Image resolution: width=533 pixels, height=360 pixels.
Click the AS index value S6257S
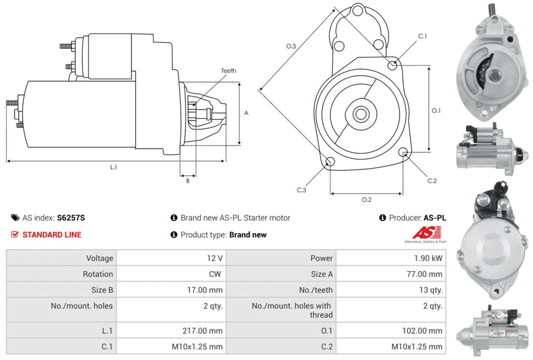[71, 218]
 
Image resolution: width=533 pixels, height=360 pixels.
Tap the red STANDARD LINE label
[52, 235]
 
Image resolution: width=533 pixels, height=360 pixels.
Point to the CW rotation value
[216, 274]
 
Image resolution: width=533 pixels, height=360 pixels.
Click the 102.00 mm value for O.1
[422, 331]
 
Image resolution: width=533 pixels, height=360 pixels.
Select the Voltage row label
[100, 258]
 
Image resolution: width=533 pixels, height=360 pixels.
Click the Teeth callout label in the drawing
[229, 71]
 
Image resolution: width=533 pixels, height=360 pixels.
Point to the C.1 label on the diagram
[422, 36]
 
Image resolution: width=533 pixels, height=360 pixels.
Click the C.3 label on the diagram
[302, 190]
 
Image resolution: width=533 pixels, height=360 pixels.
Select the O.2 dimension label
[366, 199]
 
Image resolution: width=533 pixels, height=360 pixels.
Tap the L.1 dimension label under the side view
[114, 167]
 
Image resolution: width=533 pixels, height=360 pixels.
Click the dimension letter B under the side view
[188, 181]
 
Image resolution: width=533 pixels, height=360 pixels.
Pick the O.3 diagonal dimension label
[291, 47]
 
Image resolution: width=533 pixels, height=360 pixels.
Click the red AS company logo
[427, 233]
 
